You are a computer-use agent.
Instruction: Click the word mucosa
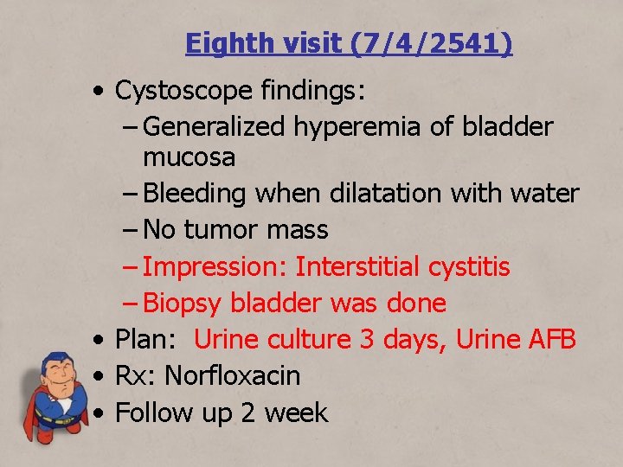pos(189,157)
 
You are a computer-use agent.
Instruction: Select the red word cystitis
pos(469,266)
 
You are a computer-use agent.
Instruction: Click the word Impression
pos(214,266)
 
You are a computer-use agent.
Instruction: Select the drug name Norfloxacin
pos(232,376)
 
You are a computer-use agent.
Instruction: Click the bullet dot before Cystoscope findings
pos(102,90)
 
